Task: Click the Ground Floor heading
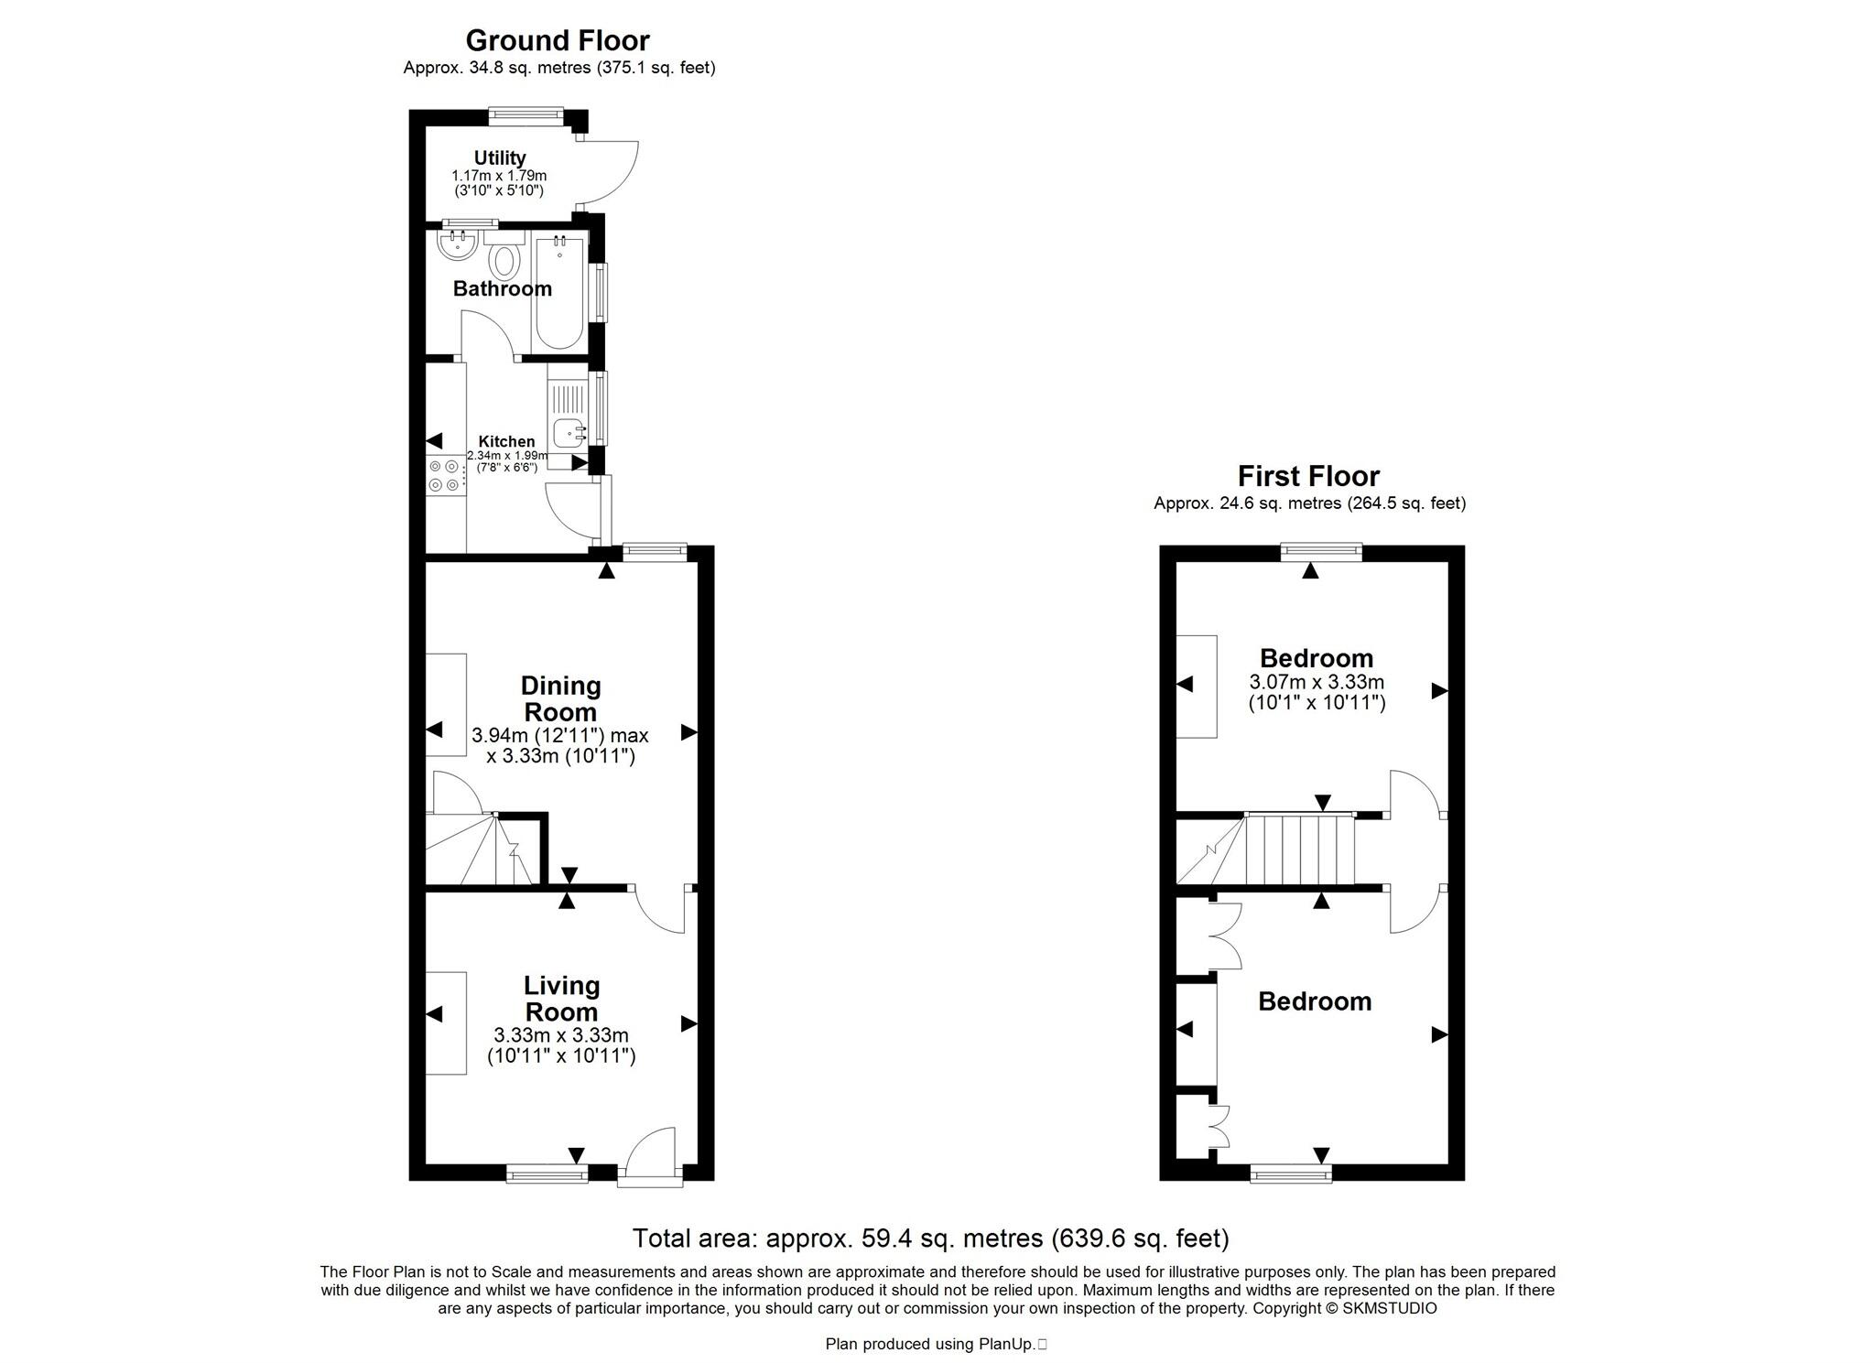[558, 40]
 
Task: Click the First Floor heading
[1308, 476]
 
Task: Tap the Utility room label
[500, 158]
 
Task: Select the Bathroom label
[503, 289]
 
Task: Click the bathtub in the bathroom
[558, 293]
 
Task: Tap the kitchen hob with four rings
[445, 475]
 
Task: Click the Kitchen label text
[506, 441]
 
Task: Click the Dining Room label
[559, 698]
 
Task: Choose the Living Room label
[561, 999]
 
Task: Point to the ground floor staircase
[485, 851]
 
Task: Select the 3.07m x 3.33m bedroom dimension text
[1317, 682]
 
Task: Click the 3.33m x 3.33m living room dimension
[561, 1035]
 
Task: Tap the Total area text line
[930, 1239]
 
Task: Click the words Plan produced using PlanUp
[930, 1344]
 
